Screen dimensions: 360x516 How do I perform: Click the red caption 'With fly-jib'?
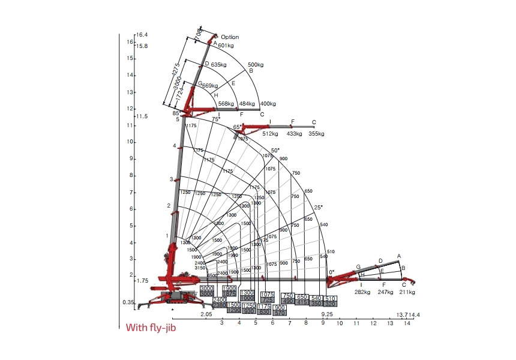pyautogui.click(x=151, y=328)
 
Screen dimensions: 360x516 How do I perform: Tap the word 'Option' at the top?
pyautogui.click(x=230, y=37)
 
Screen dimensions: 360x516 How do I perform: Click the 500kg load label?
pyautogui.click(x=256, y=64)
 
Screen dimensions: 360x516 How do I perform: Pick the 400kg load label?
pyautogui.click(x=268, y=104)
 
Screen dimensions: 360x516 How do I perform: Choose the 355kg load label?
pyautogui.click(x=316, y=134)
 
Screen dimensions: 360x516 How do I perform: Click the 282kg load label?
pyautogui.click(x=362, y=292)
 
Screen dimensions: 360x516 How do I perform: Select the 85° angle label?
pyautogui.click(x=176, y=113)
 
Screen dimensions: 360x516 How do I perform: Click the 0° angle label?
pyautogui.click(x=331, y=272)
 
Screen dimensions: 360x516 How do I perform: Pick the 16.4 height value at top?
pyautogui.click(x=142, y=34)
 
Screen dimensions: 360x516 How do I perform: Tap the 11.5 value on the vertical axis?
pyautogui.click(x=142, y=116)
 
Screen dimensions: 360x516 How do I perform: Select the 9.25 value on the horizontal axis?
pyautogui.click(x=327, y=314)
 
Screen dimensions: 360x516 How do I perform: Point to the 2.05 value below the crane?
pyautogui.click(x=206, y=314)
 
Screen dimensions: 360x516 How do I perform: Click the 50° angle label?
pyautogui.click(x=275, y=150)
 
